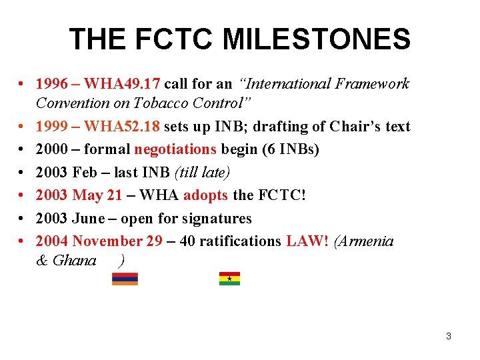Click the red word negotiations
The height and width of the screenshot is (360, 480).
point(175,149)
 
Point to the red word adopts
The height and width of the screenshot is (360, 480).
point(206,195)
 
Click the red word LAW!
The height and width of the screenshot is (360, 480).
point(307,241)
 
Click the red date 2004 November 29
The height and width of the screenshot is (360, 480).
point(99,241)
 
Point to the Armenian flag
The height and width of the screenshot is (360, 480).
point(125,279)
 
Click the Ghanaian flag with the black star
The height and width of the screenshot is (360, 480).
point(229,279)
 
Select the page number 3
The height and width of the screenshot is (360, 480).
point(448,336)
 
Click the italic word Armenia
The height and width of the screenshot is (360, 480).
point(367,241)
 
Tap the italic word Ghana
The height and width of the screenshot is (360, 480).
point(75,261)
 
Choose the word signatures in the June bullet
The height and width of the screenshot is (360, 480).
point(219,218)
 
